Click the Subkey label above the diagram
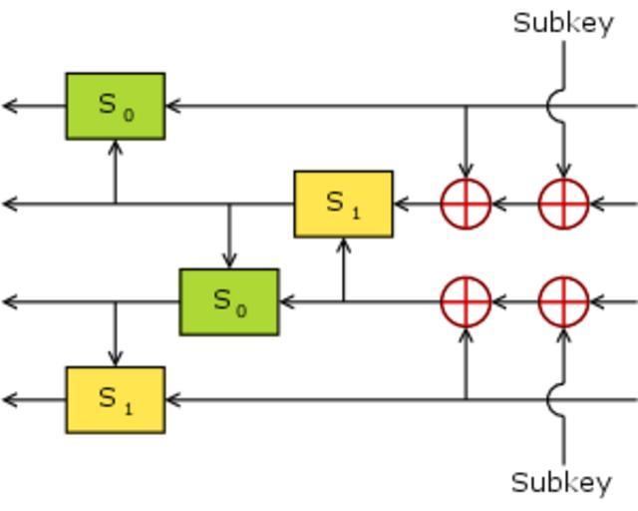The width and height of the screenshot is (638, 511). pyautogui.click(x=563, y=23)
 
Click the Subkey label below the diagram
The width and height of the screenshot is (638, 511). pyautogui.click(x=561, y=483)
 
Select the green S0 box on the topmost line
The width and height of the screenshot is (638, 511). pyautogui.click(x=116, y=105)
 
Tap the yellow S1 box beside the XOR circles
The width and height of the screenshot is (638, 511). pyautogui.click(x=343, y=204)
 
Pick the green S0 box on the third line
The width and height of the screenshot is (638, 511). pyautogui.click(x=229, y=301)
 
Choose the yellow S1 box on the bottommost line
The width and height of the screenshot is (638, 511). pyautogui.click(x=116, y=399)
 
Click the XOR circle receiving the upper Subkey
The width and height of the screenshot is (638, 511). pyautogui.click(x=564, y=204)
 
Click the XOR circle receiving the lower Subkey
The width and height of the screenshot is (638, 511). pyautogui.click(x=564, y=301)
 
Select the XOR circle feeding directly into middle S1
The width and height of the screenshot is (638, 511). pyautogui.click(x=466, y=204)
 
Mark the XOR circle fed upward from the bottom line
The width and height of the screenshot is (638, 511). pyautogui.click(x=466, y=301)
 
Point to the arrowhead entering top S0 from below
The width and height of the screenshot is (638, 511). pyautogui.click(x=116, y=147)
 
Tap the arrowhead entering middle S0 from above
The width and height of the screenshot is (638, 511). pyautogui.click(x=229, y=260)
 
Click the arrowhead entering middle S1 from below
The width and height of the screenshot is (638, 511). pyautogui.click(x=344, y=245)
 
